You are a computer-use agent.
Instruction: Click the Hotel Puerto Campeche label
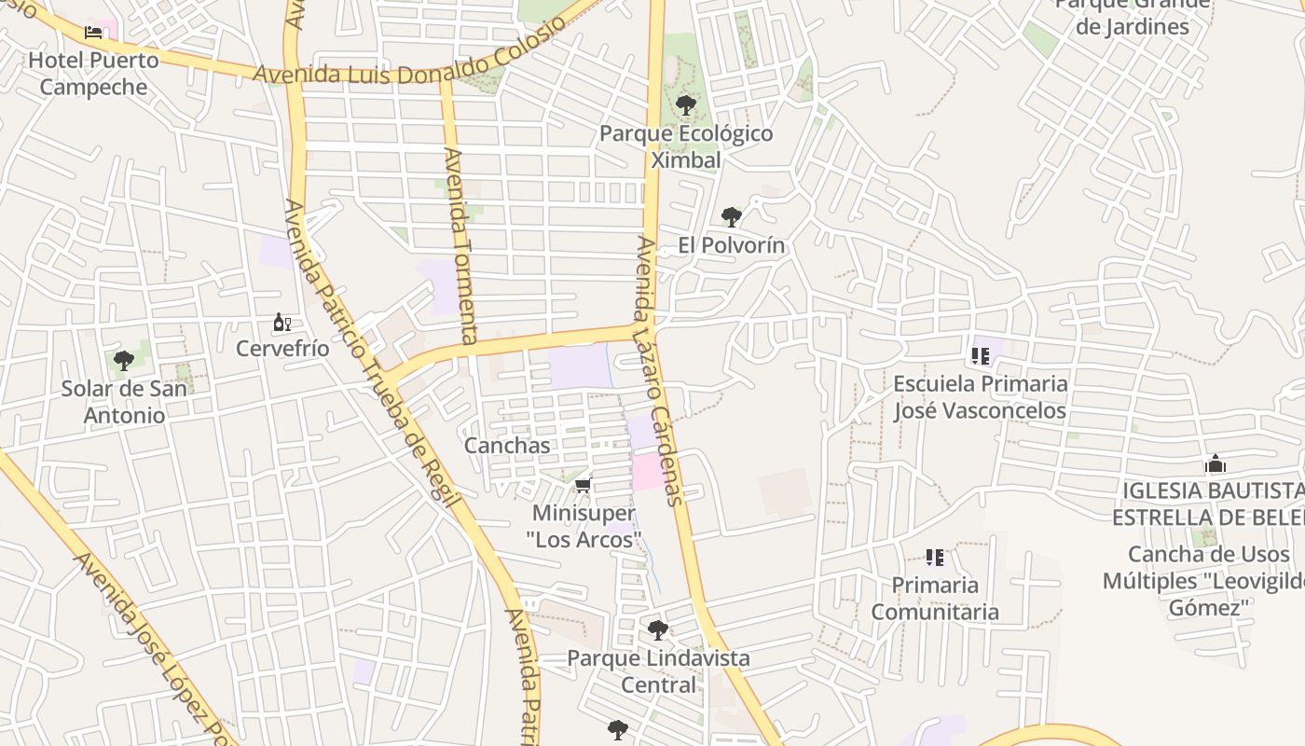93,74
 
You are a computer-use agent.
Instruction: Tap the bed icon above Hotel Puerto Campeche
93,33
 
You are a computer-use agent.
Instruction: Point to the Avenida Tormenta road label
461,244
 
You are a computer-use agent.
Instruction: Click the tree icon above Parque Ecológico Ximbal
685,104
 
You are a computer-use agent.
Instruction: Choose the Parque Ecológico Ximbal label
685,146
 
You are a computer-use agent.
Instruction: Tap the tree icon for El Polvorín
732,217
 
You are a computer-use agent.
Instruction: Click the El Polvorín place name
732,245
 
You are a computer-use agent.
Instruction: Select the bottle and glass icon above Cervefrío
282,323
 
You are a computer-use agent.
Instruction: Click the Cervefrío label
282,349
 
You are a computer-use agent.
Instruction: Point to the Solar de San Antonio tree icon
123,361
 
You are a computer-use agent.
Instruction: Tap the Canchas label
507,446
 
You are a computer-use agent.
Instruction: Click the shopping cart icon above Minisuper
584,486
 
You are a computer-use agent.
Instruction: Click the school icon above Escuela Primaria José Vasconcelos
980,355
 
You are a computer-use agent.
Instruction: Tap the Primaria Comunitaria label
934,599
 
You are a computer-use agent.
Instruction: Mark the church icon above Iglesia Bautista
1215,463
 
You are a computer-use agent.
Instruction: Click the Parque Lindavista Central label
658,671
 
